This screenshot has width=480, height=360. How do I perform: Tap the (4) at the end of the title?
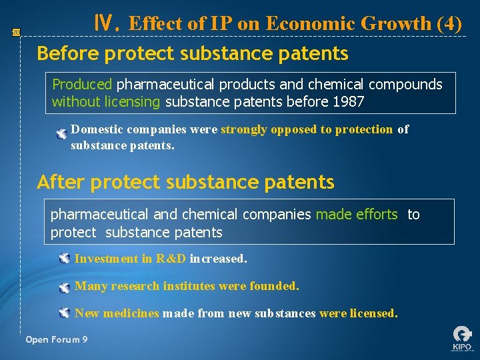449,23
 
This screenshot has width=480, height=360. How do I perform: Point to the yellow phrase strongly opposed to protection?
307,129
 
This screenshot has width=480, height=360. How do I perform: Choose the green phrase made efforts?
356,215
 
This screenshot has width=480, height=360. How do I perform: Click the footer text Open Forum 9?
57,340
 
